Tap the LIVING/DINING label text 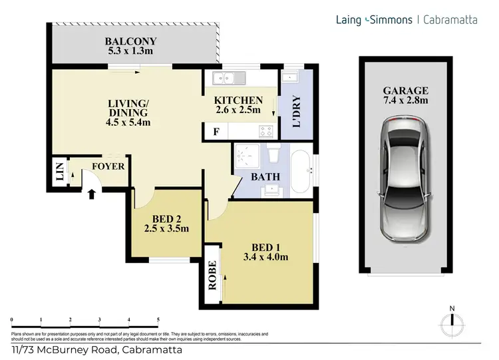(128, 112)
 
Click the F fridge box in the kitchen (216, 132)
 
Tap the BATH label (264, 177)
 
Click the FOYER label (108, 166)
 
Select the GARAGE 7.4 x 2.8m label (405, 96)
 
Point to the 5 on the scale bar (158, 321)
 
